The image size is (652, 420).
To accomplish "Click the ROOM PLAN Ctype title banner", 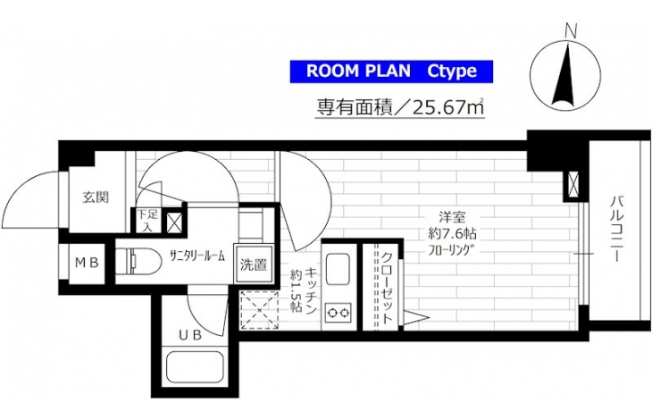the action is click(391, 71).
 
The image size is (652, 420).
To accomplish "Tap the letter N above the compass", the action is click(572, 31).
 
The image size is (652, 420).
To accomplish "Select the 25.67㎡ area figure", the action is click(448, 108).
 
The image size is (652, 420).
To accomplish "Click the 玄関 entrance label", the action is click(96, 197).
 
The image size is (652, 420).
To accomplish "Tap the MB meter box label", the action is click(87, 263).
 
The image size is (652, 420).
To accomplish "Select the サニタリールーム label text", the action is click(197, 256).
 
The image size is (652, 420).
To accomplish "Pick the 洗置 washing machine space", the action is click(254, 265).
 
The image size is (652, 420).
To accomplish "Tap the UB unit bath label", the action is click(190, 335).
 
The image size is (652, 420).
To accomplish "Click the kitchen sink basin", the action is click(339, 270).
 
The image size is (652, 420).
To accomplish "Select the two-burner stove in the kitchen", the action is click(339, 313).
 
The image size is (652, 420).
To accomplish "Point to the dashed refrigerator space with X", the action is click(260, 310).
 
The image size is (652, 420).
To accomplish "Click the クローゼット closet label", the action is click(387, 288).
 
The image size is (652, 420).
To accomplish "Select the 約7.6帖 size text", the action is click(453, 234).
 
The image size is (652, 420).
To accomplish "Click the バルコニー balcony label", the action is click(617, 230).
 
